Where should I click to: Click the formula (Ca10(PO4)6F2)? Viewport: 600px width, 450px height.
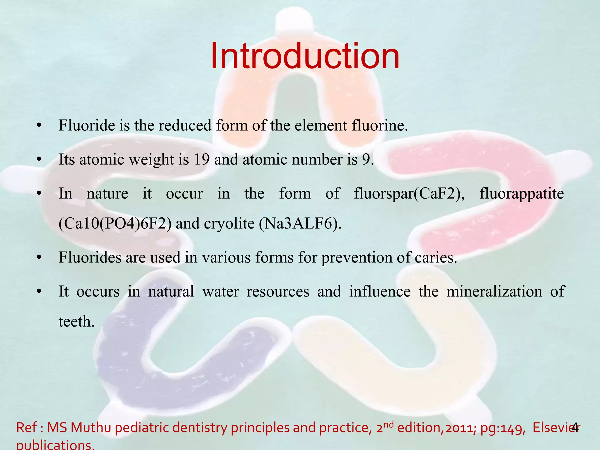pos(115,224)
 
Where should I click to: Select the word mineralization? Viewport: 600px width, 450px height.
pos(494,292)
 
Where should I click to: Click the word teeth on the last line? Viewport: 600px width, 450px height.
pos(76,322)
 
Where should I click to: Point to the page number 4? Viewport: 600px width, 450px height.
pos(575,427)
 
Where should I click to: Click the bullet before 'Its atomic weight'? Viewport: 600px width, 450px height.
pos(38,160)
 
